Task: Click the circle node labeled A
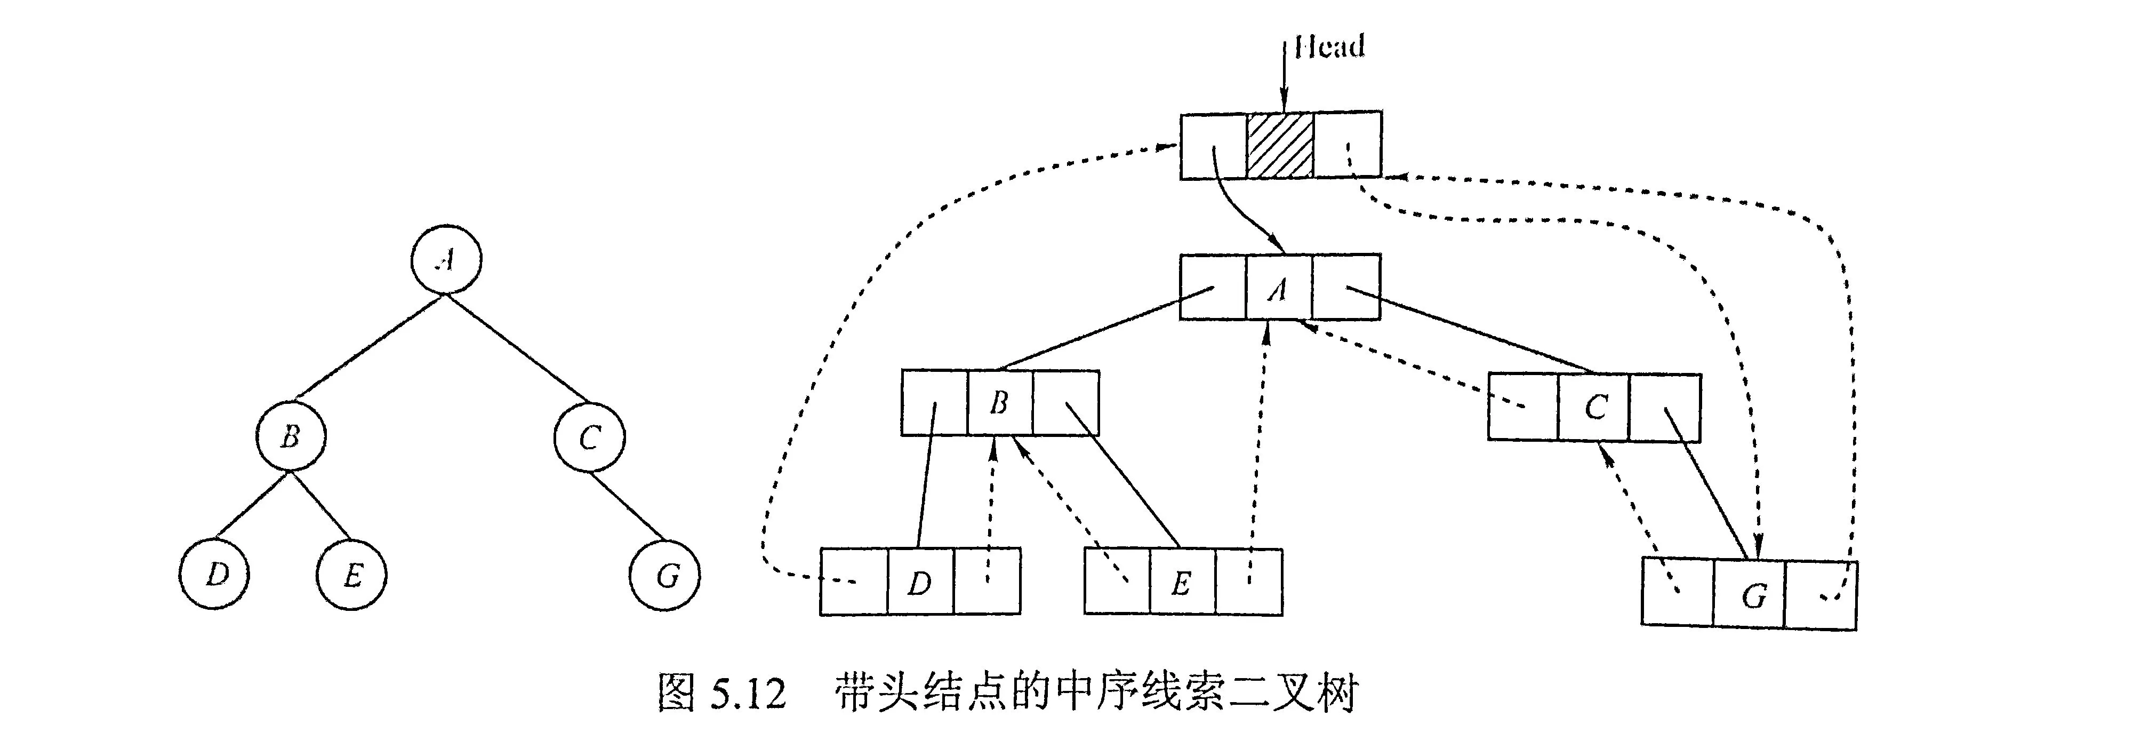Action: click(446, 259)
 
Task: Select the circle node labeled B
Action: click(290, 436)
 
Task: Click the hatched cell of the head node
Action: click(1280, 145)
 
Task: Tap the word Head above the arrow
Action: click(1329, 46)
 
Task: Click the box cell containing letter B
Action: click(999, 403)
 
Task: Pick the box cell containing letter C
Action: click(1594, 407)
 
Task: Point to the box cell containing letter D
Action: click(920, 582)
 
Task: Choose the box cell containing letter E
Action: click(1182, 582)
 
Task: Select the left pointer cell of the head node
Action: click(1213, 145)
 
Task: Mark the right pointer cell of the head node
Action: click(1347, 145)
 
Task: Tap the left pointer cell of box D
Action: click(854, 582)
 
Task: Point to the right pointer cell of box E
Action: click(1249, 582)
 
